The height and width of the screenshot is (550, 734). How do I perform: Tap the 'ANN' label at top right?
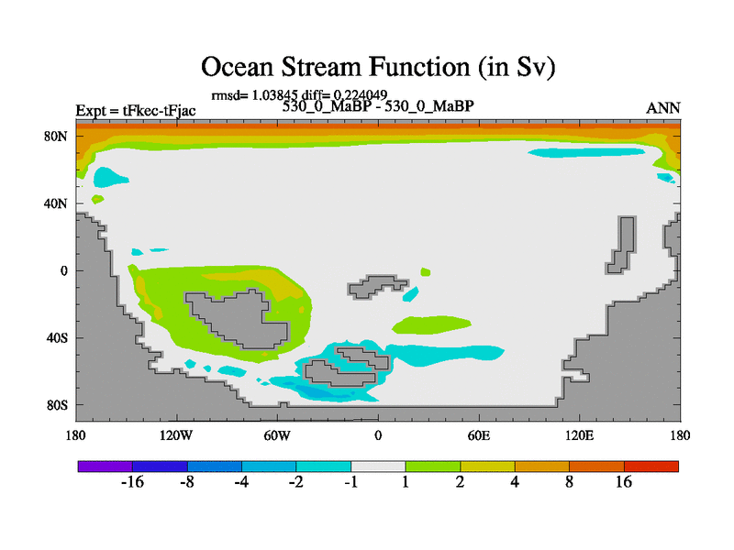click(x=662, y=108)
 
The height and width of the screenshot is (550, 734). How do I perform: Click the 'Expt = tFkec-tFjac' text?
click(x=135, y=111)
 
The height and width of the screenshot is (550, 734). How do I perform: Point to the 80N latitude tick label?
click(x=56, y=136)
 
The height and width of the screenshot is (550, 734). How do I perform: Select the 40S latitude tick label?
click(x=57, y=337)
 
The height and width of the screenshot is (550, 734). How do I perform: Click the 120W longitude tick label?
click(x=176, y=435)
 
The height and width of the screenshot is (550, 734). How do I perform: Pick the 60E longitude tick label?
click(x=478, y=435)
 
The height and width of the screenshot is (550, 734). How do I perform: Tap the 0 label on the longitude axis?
click(x=378, y=435)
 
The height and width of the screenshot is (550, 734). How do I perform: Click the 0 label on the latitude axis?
click(x=63, y=270)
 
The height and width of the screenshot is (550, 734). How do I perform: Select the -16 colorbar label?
click(x=132, y=482)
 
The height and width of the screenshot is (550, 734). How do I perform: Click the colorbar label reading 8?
click(x=569, y=482)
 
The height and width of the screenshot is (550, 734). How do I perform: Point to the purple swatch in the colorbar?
click(x=106, y=467)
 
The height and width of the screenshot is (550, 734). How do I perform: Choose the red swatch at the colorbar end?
click(x=651, y=467)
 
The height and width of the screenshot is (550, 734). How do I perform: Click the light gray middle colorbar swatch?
click(x=378, y=467)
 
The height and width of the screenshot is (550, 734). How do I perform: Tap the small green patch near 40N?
click(x=97, y=199)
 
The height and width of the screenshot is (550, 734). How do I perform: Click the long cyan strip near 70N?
click(x=586, y=152)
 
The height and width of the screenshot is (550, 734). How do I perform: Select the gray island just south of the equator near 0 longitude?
click(x=377, y=286)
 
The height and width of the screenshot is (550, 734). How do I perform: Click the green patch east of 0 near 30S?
click(x=431, y=324)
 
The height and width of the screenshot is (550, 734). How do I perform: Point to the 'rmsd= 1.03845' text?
click(x=254, y=95)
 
